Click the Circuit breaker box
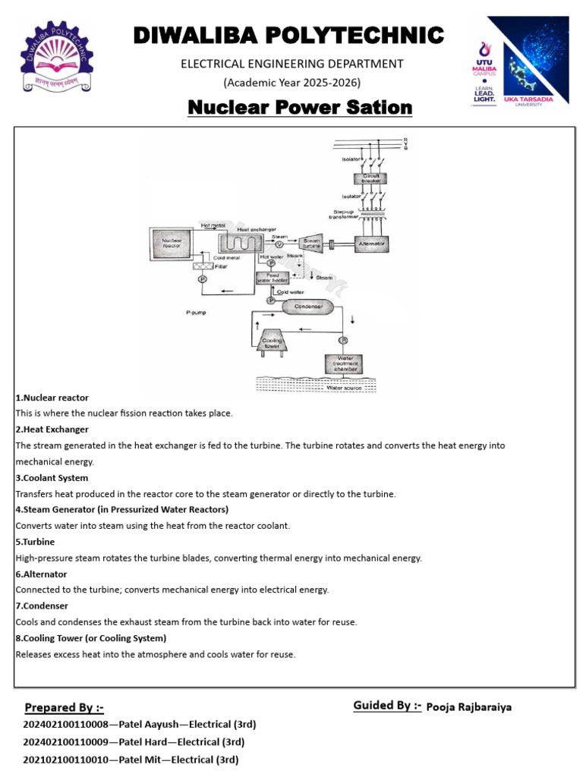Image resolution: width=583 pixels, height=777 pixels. [368, 178]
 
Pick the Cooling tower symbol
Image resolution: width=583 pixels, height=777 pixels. [273, 341]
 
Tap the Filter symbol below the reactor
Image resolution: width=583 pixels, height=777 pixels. [203, 266]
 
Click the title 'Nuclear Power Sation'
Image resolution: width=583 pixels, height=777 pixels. [300, 108]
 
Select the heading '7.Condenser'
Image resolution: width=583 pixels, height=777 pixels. [42, 606]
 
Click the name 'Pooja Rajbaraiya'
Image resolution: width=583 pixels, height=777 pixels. [469, 707]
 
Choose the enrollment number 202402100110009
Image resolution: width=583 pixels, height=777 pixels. [68, 742]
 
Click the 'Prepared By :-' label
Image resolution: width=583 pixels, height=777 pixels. [64, 708]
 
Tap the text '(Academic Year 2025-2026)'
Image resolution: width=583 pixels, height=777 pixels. [291, 82]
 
